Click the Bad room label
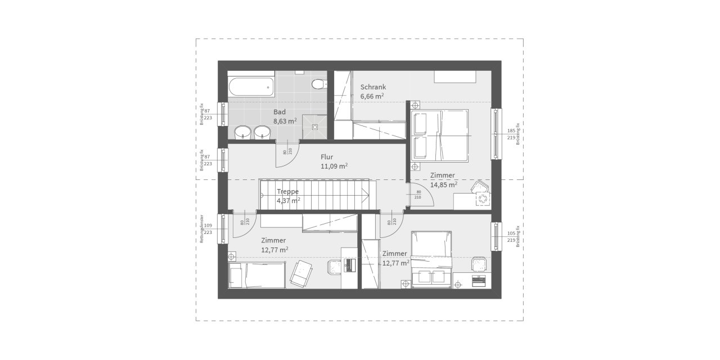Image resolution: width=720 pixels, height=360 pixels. (x=280, y=112)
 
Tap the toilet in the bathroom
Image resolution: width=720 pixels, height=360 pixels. (x=318, y=84)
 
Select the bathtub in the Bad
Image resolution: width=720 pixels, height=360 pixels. (x=251, y=87)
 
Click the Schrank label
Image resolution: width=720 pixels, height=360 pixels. (x=373, y=87)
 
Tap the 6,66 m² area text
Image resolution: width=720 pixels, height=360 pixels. (x=372, y=96)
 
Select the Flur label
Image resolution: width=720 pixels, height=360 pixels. (x=327, y=157)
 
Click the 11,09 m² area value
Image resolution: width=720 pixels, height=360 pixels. (x=334, y=166)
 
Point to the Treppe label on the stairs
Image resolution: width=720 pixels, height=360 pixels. (x=287, y=191)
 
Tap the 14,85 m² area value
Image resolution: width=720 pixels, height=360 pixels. (x=443, y=184)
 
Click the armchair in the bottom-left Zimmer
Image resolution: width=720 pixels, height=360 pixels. (x=301, y=273)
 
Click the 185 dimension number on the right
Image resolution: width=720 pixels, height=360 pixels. (x=511, y=130)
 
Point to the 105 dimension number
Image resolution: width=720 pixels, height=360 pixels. (x=511, y=233)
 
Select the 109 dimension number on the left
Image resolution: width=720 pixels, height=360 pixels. (x=208, y=226)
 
